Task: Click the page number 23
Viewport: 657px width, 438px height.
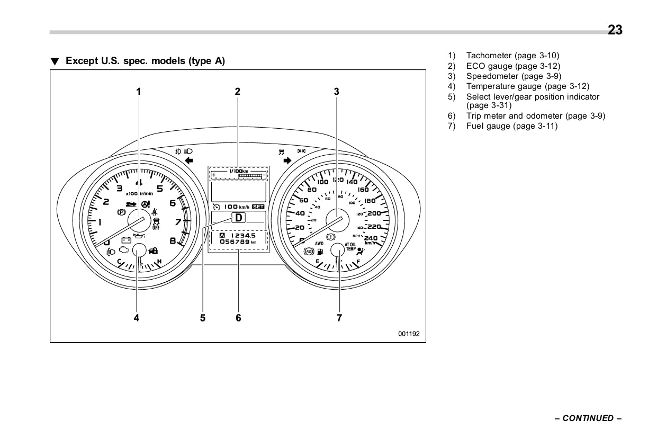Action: (x=615, y=30)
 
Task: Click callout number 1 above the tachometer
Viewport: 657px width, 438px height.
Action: (x=139, y=91)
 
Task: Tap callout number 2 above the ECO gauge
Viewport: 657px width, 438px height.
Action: (x=238, y=91)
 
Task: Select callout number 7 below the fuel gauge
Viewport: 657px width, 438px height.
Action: (x=339, y=318)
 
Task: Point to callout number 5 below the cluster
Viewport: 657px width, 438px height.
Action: (x=203, y=318)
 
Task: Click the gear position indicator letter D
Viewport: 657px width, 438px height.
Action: (x=239, y=217)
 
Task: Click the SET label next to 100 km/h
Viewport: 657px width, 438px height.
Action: (x=258, y=207)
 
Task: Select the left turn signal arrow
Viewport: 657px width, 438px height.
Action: (x=189, y=160)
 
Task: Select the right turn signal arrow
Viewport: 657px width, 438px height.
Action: (x=288, y=160)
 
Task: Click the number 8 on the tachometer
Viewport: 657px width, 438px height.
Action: (x=173, y=241)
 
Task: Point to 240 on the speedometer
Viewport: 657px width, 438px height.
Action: (x=371, y=238)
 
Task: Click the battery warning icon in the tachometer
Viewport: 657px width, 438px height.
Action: (x=126, y=239)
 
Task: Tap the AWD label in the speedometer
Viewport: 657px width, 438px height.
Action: (x=319, y=244)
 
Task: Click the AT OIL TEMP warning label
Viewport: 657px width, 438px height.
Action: (x=350, y=246)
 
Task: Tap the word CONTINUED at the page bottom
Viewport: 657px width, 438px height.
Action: (x=588, y=418)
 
